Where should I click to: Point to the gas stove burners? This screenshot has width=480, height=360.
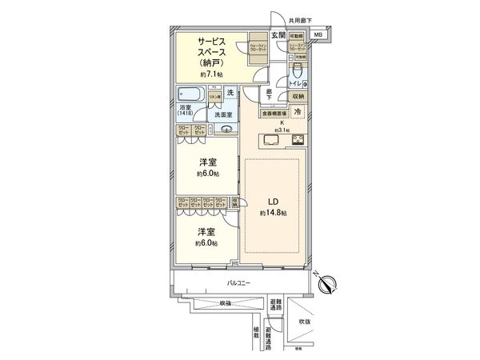(x=298, y=141)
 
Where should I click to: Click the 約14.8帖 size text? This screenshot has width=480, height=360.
(x=272, y=214)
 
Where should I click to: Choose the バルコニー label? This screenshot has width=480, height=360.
(x=238, y=283)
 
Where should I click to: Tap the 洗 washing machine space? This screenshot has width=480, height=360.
(x=231, y=94)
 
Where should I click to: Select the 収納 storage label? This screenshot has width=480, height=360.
(x=297, y=96)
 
